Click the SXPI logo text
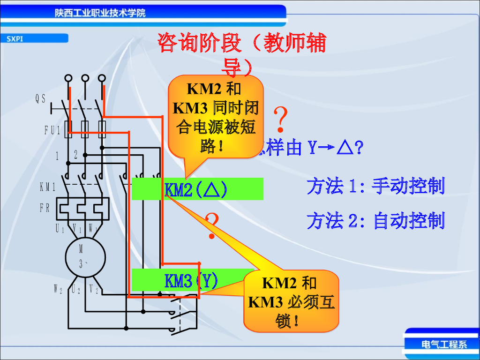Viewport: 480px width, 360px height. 15,39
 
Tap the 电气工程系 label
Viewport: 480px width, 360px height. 444,345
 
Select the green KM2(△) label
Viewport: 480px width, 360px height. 197,189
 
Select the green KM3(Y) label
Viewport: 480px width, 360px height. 191,281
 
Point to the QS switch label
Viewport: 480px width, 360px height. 41,98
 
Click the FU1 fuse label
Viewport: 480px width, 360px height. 52,130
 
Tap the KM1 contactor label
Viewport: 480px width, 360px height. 47,187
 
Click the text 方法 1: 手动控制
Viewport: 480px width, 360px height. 375,186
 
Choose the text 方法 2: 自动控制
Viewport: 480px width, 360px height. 375,220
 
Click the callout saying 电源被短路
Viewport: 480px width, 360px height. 216,117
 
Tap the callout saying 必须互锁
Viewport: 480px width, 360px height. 291,301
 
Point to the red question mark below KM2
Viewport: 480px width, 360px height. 212,225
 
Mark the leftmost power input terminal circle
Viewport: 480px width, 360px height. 68,78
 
